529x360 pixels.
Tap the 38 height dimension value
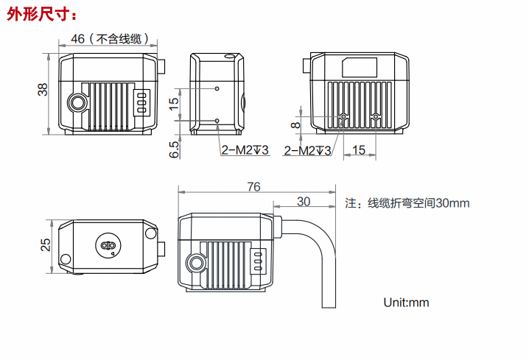coord(43,90)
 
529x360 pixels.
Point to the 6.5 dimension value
coord(175,149)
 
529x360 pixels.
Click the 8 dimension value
coord(295,126)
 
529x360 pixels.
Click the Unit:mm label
coord(405,302)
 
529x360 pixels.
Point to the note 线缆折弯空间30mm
coord(407,203)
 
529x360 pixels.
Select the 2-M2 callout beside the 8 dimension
coord(308,150)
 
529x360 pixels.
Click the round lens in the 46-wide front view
coord(76,102)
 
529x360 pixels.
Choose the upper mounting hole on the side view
coord(217,88)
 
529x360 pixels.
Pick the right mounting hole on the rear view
coord(376,116)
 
